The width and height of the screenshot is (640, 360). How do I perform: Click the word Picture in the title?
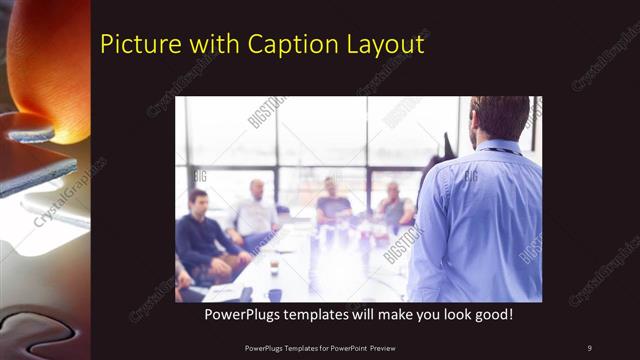(x=135, y=45)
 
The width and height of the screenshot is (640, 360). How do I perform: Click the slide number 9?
(x=589, y=347)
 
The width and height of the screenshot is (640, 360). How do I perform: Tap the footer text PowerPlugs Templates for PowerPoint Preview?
(x=319, y=347)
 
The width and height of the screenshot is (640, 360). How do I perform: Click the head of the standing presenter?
(x=500, y=118)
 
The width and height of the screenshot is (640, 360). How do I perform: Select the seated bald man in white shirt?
(x=256, y=212)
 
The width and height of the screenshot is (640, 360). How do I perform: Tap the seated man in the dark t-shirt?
(x=332, y=202)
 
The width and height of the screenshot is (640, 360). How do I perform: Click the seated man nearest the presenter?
(x=394, y=205)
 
